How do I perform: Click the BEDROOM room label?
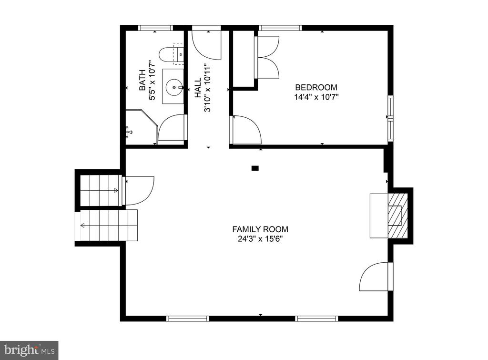click(316, 87)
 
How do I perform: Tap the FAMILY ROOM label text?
click(260, 229)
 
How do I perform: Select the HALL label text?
click(198, 88)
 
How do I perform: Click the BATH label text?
click(142, 80)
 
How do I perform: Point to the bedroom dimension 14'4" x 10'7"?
click(316, 97)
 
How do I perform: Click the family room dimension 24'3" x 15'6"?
click(260, 239)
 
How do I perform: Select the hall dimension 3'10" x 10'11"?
click(207, 88)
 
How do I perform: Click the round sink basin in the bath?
click(173, 87)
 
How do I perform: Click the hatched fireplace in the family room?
click(398, 216)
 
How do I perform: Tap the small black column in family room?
click(255, 168)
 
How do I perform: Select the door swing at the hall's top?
click(206, 43)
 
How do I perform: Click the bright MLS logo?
click(29, 350)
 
